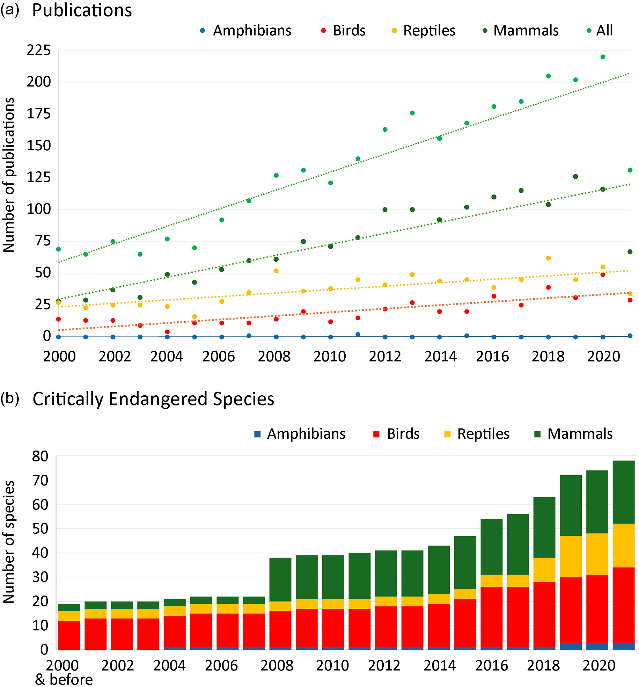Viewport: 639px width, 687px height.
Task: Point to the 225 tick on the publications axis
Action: (39, 51)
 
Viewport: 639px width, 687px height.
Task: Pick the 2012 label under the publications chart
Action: (385, 357)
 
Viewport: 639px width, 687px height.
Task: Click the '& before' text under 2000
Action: (64, 679)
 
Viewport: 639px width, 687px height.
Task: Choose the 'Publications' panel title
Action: (82, 10)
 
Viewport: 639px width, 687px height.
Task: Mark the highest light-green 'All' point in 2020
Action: (603, 57)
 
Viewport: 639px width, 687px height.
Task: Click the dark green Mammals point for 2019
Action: (575, 177)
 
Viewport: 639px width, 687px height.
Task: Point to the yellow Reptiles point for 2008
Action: (276, 271)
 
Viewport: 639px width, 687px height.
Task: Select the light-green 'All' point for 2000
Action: (59, 249)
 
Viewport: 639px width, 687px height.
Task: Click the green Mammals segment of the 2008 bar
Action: (280, 580)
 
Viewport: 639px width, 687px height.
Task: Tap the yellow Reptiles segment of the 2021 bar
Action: (623, 546)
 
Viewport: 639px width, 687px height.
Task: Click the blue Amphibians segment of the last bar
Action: (623, 646)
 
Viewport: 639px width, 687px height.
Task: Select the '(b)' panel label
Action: (9, 398)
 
